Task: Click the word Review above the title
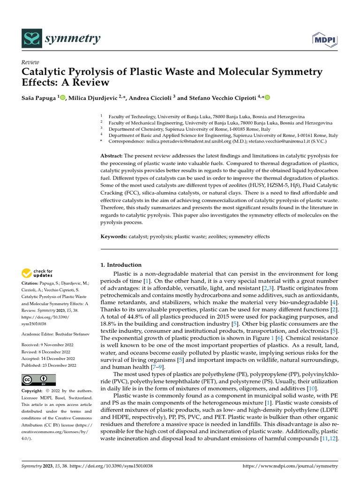(30, 62)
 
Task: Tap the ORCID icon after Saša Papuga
(62, 97)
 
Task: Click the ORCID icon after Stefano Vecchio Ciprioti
(268, 97)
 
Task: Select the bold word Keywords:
(114, 237)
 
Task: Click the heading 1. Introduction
(121, 265)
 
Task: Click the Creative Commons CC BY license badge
(39, 380)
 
